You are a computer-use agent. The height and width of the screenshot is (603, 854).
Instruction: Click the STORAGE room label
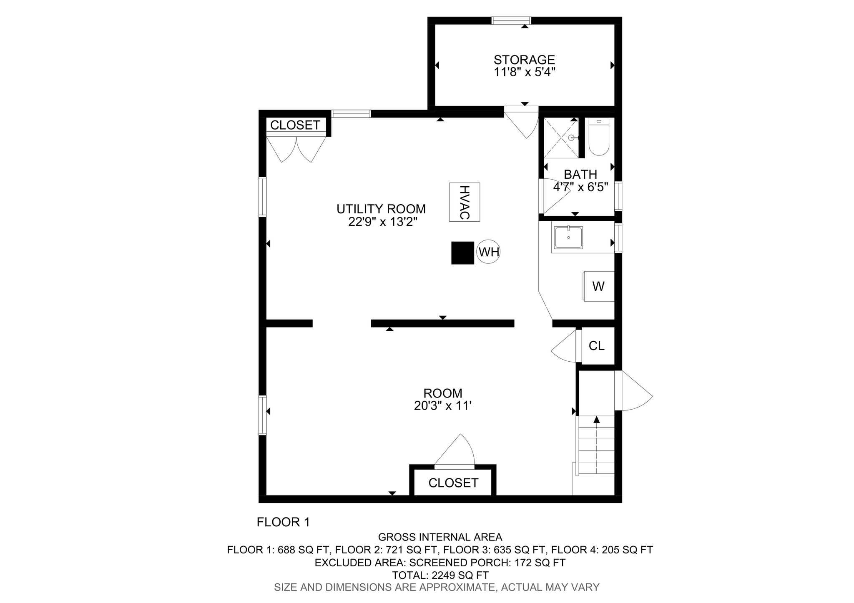tap(524, 60)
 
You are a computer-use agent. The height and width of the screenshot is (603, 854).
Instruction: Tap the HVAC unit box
tap(465, 202)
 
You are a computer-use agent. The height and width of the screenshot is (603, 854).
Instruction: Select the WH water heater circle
tap(488, 252)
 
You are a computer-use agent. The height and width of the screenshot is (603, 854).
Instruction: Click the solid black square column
tap(463, 253)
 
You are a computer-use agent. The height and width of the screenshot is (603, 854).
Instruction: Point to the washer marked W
tap(599, 286)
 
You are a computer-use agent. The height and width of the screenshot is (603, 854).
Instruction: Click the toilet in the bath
tap(599, 137)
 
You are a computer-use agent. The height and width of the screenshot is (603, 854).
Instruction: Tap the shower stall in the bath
tap(561, 138)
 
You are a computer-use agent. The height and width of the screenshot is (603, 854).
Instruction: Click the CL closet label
tap(596, 345)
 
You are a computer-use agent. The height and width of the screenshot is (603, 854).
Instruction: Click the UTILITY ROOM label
tap(381, 209)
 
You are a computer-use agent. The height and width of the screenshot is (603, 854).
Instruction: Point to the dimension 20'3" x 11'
tap(442, 405)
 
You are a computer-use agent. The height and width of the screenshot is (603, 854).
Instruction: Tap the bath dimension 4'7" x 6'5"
tap(580, 187)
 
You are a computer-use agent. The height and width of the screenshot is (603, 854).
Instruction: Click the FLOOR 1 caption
tap(284, 522)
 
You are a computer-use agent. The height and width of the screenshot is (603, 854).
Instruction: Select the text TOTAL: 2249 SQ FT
tap(440, 575)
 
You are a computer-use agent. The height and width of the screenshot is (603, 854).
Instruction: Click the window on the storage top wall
tap(511, 20)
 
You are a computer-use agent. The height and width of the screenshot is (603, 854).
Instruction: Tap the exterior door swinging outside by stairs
tap(633, 391)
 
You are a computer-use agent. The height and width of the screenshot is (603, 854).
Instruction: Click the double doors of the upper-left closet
tap(296, 149)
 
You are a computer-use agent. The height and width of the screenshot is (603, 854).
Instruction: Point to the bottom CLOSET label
tap(453, 483)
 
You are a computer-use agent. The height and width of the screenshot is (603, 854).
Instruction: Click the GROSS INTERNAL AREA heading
tap(440, 537)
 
